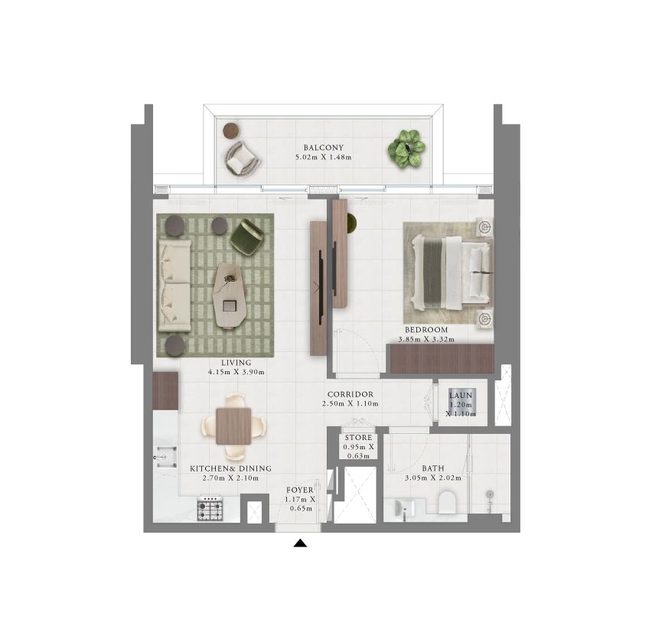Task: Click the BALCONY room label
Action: (323, 148)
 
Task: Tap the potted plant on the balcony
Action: (406, 148)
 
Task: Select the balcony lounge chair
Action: (243, 159)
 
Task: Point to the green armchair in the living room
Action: (247, 236)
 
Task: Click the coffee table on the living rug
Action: (230, 295)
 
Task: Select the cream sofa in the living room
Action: (174, 285)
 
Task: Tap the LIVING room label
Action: (236, 363)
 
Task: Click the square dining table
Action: (233, 426)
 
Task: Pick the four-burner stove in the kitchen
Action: (210, 508)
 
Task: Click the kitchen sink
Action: (165, 458)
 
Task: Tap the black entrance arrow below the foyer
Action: (300, 543)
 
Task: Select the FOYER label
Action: (300, 491)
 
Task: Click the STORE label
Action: (358, 438)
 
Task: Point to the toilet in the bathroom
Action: (448, 502)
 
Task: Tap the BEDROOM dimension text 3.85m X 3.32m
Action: (426, 339)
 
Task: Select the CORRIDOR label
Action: (350, 394)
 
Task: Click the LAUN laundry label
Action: (461, 395)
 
